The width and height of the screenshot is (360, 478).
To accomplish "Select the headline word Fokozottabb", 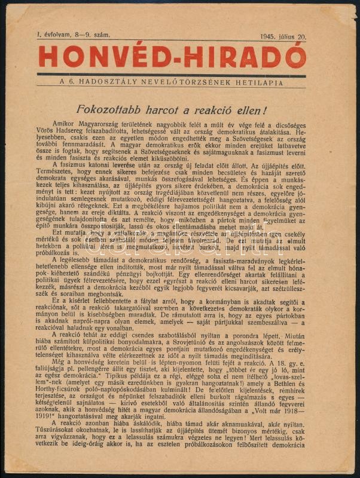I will pyautogui.click(x=130, y=110).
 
